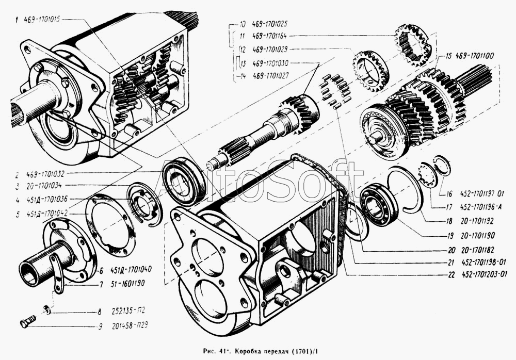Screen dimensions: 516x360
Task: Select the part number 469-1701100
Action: point(474,56)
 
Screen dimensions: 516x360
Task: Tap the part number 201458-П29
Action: point(130,325)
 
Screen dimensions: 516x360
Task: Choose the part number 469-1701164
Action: point(270,37)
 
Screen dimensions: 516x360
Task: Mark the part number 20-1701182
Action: point(478,250)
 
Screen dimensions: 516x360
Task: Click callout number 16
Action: point(449,194)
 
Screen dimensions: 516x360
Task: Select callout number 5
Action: point(17,215)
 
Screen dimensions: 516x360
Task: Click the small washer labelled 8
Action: point(47,309)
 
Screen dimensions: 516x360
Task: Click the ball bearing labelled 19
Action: point(379,206)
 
